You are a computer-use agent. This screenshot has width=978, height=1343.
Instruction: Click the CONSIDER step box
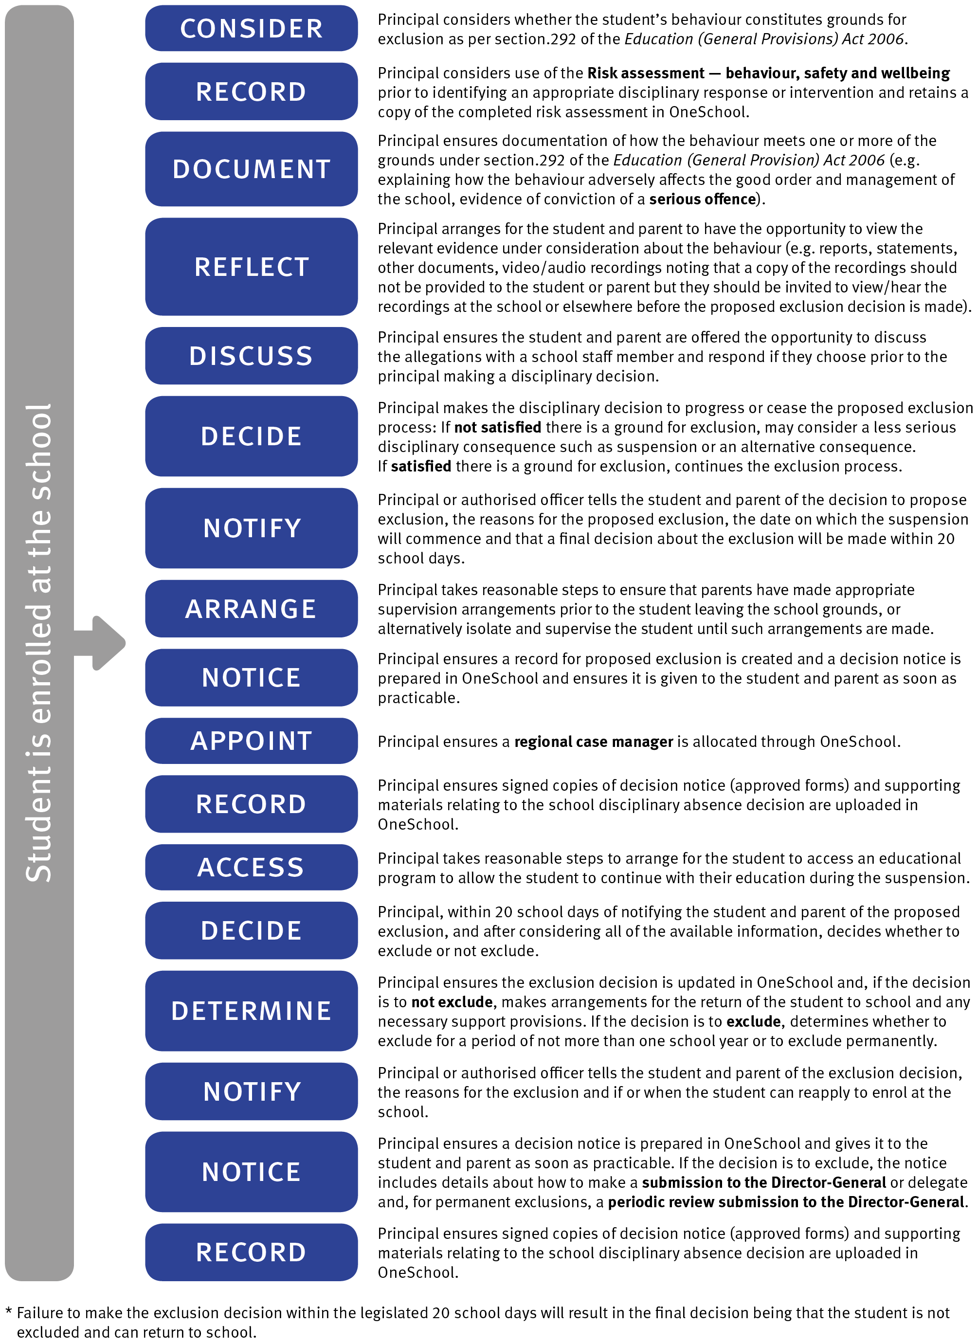coord(251,28)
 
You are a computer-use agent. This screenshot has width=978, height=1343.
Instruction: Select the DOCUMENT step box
coord(251,169)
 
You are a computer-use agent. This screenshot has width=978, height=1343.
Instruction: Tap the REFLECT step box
coord(251,267)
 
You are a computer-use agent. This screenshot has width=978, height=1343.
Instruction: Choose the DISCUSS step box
coord(251,356)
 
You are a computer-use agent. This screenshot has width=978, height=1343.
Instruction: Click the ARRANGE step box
coord(251,609)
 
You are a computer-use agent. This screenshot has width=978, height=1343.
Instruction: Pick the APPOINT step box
coord(251,741)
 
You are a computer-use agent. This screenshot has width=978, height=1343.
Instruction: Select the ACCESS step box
coord(251,868)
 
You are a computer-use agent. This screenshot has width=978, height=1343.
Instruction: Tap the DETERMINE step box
coord(251,1011)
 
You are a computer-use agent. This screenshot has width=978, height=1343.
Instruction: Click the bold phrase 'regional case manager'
coord(593,742)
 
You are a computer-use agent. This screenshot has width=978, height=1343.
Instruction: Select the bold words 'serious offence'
coord(702,200)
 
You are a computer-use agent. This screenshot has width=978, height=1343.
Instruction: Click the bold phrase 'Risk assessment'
coord(645,73)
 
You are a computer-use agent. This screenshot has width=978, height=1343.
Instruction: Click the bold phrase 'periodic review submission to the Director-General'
coord(786,1202)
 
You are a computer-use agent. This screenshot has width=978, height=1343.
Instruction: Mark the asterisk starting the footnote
coord(8,1312)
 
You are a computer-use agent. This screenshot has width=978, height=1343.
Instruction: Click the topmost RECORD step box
coord(251,92)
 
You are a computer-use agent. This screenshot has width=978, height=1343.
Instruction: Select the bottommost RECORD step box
coord(251,1252)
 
